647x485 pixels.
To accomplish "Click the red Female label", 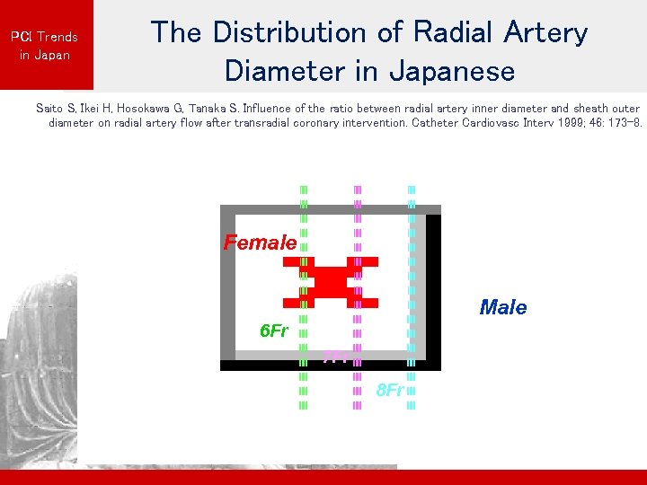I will tap(260, 242).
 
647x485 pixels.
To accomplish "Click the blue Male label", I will tap(503, 308).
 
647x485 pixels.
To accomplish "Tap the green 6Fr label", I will tap(273, 331).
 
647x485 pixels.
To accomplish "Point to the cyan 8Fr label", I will tap(390, 391).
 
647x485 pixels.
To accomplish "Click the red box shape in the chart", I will tap(331, 282).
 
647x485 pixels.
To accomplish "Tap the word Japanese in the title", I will tap(448, 70).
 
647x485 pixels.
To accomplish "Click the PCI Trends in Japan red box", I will tap(45, 45).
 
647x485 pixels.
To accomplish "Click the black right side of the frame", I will tap(433, 287).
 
